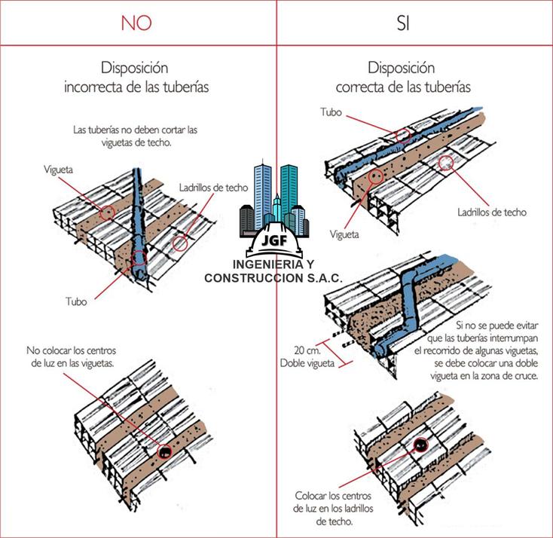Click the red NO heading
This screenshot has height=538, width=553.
pos(136,23)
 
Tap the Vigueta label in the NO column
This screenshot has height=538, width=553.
pos(58,170)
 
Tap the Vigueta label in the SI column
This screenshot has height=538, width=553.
pos(344,234)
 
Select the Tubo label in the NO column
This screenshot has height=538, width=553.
pos(75,301)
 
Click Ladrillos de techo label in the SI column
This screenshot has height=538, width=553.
pos(491,212)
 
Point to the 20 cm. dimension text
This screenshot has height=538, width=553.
pos(308,350)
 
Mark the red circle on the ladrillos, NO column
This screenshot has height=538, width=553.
pos(179,244)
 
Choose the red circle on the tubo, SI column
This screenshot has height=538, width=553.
pos(403,136)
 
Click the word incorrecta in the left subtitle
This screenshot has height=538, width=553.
pos(94,87)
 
